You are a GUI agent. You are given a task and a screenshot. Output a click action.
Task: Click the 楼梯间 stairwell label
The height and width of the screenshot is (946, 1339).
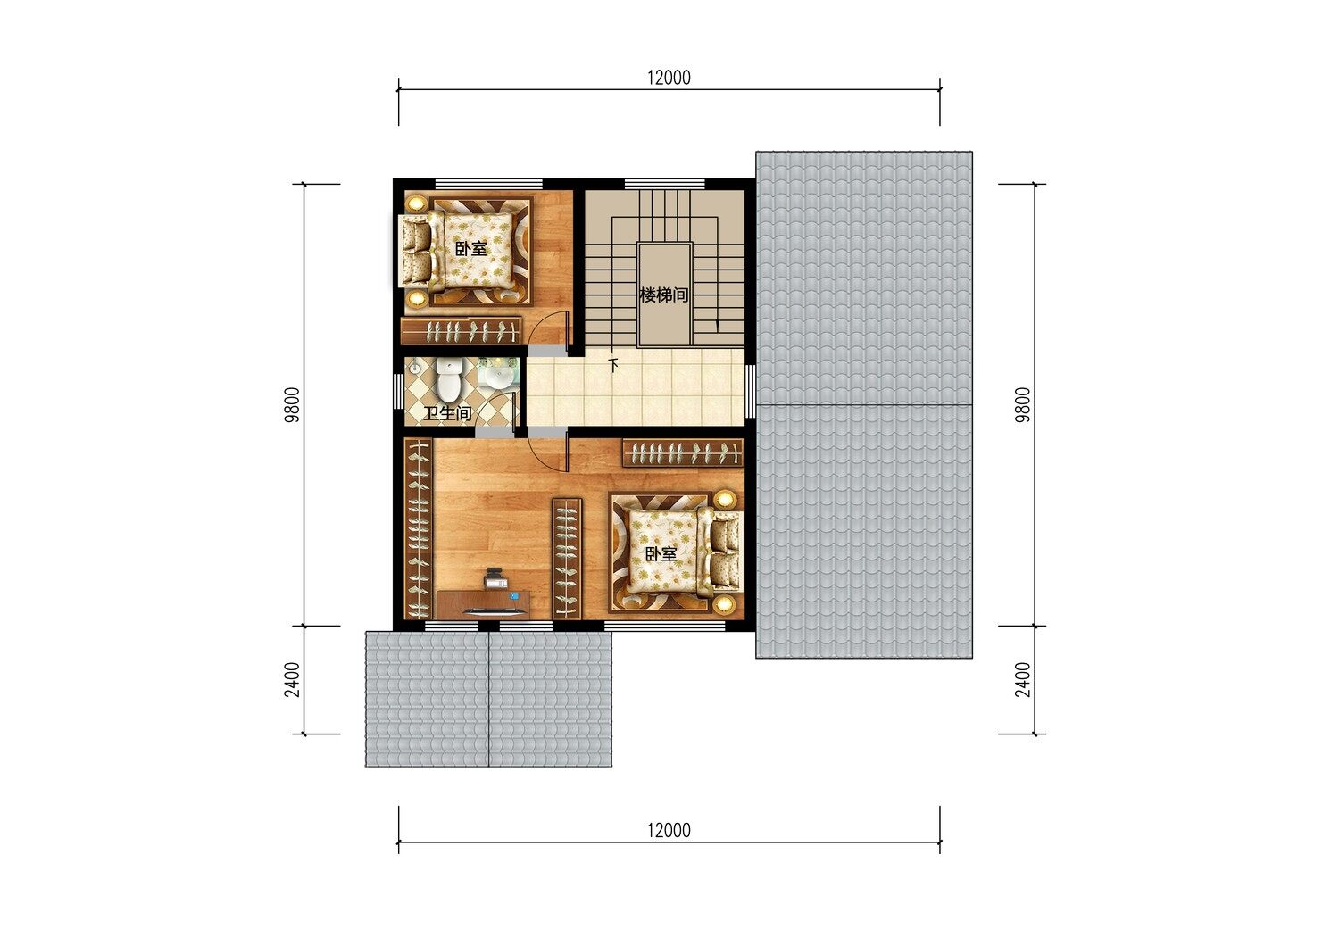(x=663, y=295)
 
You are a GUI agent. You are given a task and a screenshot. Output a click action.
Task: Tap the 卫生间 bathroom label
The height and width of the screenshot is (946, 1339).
(x=448, y=413)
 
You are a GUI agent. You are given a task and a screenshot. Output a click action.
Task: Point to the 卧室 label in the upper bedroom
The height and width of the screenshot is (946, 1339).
(x=471, y=249)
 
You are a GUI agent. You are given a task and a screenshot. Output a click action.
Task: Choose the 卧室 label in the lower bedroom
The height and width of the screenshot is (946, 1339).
(x=661, y=554)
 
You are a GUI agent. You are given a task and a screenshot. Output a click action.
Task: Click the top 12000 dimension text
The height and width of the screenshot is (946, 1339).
(x=669, y=78)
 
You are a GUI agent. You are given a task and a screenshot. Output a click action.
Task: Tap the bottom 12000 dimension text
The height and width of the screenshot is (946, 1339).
(x=669, y=830)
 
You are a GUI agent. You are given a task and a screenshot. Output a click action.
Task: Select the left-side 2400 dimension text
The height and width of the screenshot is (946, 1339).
(x=292, y=679)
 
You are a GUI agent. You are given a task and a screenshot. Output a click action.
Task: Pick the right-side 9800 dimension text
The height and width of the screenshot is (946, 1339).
(x=1023, y=404)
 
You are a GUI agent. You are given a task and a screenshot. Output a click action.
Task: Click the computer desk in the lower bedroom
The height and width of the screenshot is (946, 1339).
(x=484, y=604)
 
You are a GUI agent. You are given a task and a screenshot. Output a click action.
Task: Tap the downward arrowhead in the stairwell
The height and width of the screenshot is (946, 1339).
(x=718, y=326)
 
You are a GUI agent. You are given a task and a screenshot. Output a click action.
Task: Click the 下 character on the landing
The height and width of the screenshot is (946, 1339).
(x=613, y=364)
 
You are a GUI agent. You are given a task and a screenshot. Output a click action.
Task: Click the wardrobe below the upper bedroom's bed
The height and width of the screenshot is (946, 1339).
(x=461, y=331)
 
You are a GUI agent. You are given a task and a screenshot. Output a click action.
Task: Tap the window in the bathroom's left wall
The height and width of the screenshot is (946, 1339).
(x=399, y=392)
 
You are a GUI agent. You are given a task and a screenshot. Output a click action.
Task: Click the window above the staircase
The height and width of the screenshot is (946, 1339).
(x=665, y=184)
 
